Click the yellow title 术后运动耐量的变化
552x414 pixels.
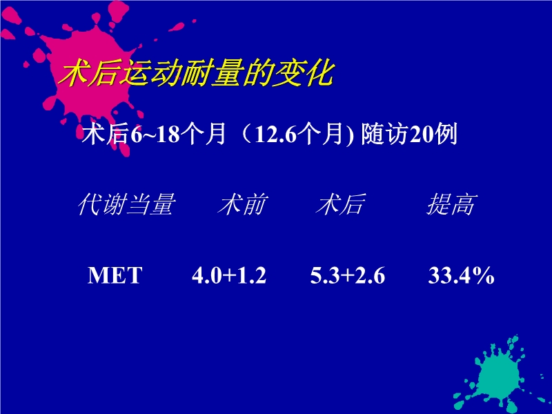(197, 74)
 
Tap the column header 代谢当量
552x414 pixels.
(125, 205)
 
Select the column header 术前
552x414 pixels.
(242, 205)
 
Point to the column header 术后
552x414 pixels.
(340, 205)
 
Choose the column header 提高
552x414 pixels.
(450, 205)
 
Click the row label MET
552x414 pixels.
(115, 276)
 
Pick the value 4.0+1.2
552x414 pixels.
(229, 276)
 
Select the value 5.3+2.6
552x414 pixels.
(348, 276)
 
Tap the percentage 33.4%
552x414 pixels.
(461, 276)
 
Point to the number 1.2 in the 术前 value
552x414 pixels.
(253, 276)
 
